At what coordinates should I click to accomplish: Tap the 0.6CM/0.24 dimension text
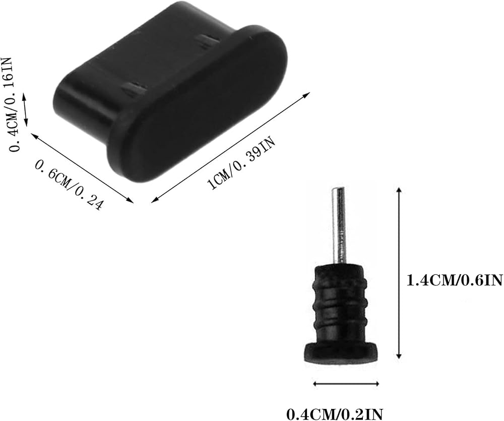pos(70,185)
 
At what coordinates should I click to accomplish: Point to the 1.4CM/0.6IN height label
pos(455,280)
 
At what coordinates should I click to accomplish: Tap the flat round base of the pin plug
pos(340,352)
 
